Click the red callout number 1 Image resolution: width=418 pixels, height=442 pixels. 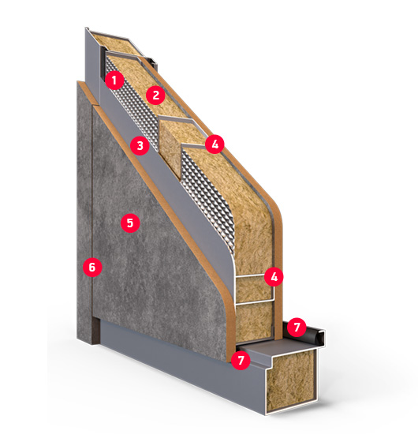(x=114, y=81)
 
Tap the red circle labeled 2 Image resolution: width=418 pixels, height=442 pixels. (x=155, y=96)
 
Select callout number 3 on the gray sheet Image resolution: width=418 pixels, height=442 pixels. (x=140, y=146)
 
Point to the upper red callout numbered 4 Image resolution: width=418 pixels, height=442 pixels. (x=215, y=144)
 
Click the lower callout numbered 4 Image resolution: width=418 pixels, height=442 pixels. (x=274, y=277)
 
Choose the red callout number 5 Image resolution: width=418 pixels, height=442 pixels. (x=130, y=223)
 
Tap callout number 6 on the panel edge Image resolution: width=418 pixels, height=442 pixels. (x=92, y=267)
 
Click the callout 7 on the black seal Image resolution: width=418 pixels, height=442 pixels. (x=297, y=328)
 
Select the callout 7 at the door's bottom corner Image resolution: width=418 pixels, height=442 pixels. (x=241, y=360)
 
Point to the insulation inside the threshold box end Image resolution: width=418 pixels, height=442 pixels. (x=290, y=379)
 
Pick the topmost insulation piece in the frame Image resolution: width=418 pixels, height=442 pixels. (x=118, y=43)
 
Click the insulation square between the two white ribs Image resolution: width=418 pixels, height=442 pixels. (x=253, y=289)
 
